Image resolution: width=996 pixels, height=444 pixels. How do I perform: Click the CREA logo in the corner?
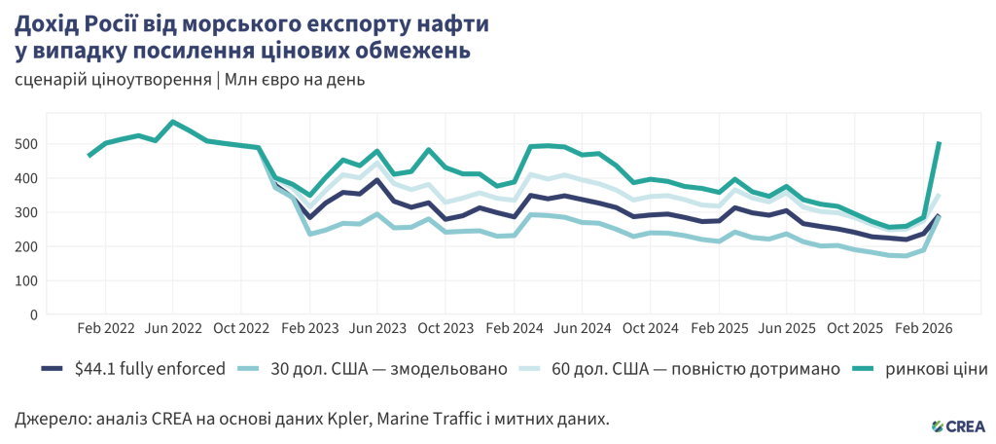click(957, 425)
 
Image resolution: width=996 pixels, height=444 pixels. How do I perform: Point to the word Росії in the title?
click(128, 21)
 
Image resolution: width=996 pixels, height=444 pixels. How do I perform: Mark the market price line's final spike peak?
click(939, 143)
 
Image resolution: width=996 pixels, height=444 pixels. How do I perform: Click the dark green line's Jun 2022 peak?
click(173, 122)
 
